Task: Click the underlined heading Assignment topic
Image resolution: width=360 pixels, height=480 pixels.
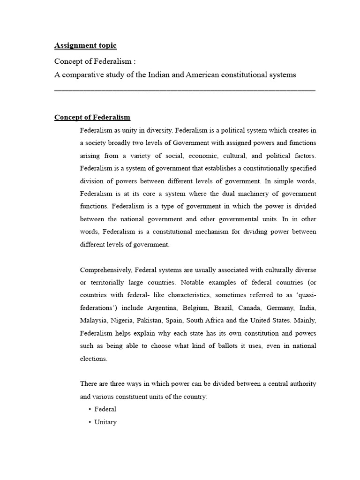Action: [85, 45]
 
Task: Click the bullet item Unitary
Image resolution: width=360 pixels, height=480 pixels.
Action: [105, 422]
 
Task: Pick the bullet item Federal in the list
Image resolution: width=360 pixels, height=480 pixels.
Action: [105, 409]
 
